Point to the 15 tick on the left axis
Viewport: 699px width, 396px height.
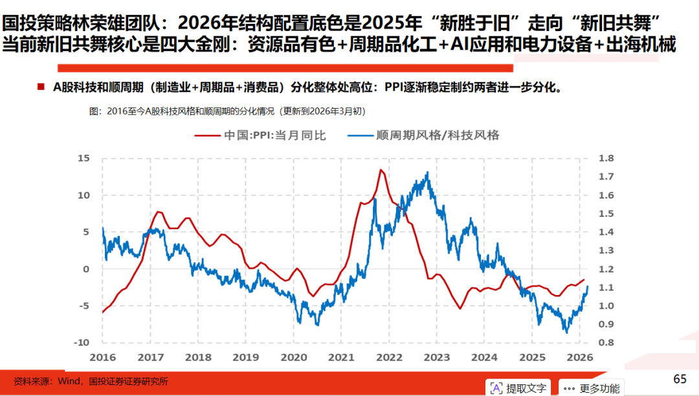click(x=83, y=158)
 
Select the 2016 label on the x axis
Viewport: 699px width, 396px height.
click(x=102, y=357)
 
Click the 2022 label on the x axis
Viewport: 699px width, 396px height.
click(x=390, y=357)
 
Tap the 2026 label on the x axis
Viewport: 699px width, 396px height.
click(x=581, y=357)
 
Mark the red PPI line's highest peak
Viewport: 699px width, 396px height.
click(x=381, y=170)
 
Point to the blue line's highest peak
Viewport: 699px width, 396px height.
click(x=427, y=173)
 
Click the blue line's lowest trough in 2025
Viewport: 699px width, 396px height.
click(x=566, y=332)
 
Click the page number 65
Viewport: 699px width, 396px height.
click(x=680, y=379)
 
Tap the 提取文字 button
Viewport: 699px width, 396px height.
click(x=518, y=388)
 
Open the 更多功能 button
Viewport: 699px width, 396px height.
click(x=592, y=388)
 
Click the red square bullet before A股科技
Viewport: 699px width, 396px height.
click(x=41, y=87)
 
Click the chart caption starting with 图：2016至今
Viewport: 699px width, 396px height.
click(x=227, y=111)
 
